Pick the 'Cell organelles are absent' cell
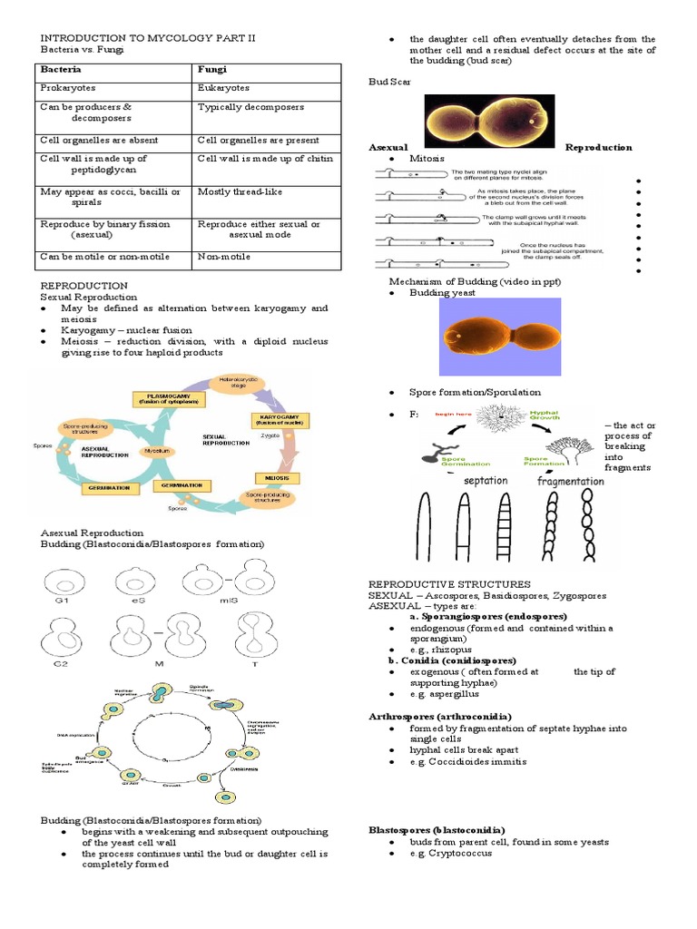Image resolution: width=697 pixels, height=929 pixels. pyautogui.click(x=98, y=141)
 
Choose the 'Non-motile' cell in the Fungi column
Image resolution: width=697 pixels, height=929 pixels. pyautogui.click(x=222, y=257)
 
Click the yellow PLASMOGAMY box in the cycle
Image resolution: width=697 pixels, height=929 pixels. pyautogui.click(x=169, y=397)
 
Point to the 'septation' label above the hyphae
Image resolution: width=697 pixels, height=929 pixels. pyautogui.click(x=486, y=481)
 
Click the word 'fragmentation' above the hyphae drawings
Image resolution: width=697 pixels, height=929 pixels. pyautogui.click(x=570, y=481)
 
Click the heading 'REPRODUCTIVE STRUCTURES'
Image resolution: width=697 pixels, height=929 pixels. pyautogui.click(x=448, y=584)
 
